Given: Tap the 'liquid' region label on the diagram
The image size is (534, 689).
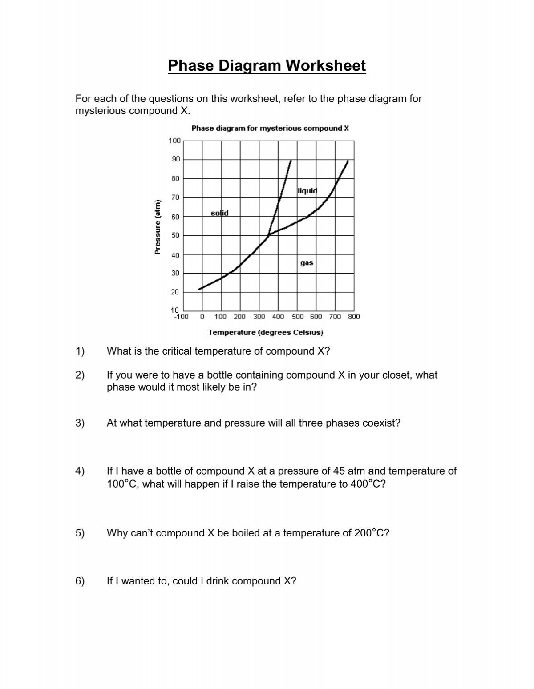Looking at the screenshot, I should (307, 191).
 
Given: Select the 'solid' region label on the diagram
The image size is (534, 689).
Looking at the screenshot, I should (219, 213).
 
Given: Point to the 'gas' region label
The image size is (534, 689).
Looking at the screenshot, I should (307, 263).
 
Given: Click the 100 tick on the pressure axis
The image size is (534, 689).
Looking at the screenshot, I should (174, 141).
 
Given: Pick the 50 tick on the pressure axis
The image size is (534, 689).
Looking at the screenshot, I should (175, 235).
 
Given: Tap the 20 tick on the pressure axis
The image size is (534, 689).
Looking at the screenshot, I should (175, 292).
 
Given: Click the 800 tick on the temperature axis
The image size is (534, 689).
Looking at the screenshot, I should (354, 317).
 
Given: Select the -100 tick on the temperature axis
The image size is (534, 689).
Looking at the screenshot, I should (182, 317).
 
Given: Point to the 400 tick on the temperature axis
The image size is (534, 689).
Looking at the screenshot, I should (278, 317).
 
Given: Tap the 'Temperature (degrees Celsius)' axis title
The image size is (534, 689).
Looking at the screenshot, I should (266, 332).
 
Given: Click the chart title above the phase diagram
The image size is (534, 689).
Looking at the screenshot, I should (270, 129).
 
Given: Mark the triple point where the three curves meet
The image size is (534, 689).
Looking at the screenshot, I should (268, 235).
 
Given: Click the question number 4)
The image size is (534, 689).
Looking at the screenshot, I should (80, 471).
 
